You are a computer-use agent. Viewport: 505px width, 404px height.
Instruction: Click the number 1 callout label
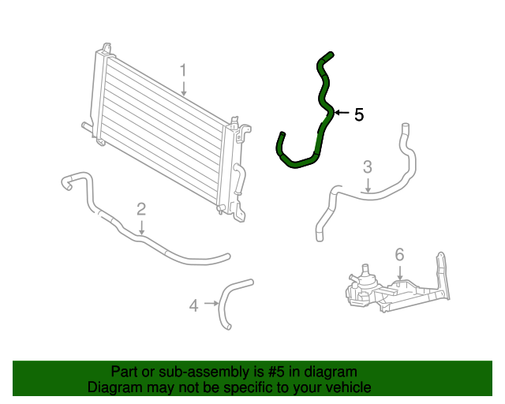click(x=183, y=72)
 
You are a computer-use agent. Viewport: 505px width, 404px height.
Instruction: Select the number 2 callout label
click(x=141, y=209)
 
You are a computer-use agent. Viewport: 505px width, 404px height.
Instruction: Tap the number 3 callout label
click(x=367, y=166)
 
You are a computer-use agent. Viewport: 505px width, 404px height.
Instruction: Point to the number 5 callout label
click(x=359, y=114)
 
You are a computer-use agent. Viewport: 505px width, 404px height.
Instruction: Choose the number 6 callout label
click(x=399, y=254)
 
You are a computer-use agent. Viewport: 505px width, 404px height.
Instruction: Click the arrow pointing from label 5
click(x=341, y=114)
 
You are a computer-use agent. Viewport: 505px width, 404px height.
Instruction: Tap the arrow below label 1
click(x=183, y=88)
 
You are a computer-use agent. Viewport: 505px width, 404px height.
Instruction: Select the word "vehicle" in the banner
click(x=346, y=387)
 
